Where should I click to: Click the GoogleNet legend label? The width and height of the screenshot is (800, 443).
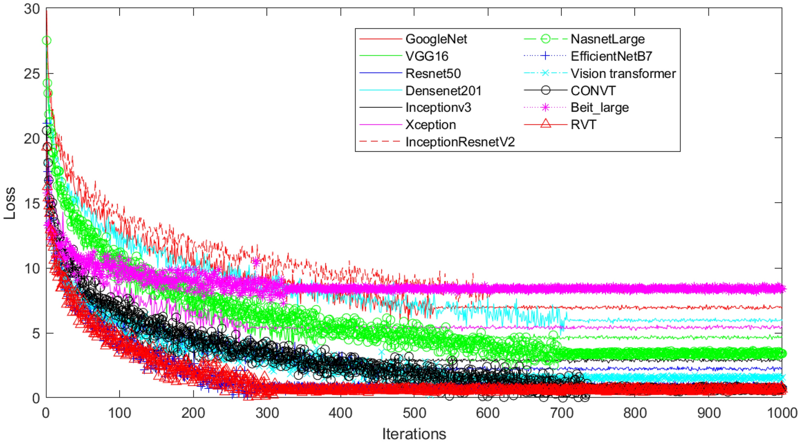[x=436, y=39]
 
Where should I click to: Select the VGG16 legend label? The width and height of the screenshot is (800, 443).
[x=427, y=57]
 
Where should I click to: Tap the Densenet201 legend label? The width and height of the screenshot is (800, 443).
[x=443, y=91]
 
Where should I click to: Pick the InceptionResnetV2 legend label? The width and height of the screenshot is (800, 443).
[x=460, y=142]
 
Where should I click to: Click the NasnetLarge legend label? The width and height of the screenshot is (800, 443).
[x=607, y=39]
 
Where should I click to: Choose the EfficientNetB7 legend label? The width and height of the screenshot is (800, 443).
[x=611, y=57]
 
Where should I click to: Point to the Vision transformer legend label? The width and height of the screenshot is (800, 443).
[x=623, y=74]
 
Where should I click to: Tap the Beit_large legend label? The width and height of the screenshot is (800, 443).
[x=600, y=108]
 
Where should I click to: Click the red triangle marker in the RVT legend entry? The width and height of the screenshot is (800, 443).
[x=546, y=124]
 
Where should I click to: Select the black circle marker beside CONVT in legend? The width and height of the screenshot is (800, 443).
[x=546, y=90]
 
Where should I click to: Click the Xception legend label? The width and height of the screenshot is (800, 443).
[x=431, y=125]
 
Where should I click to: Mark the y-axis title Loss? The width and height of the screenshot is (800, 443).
[x=10, y=203]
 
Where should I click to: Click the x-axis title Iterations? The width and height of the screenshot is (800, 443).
[x=414, y=434]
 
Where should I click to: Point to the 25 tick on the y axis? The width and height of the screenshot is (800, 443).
[x=32, y=74]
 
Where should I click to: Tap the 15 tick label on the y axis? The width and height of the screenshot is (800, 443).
[x=32, y=203]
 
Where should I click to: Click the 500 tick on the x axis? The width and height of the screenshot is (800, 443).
[x=414, y=413]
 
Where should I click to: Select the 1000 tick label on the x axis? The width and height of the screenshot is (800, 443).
[x=782, y=413]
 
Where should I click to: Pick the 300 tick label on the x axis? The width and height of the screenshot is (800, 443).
[x=267, y=413]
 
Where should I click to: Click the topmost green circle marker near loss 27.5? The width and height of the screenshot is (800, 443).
[x=46, y=41]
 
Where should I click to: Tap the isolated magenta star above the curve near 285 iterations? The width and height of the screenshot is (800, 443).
[x=256, y=262]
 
